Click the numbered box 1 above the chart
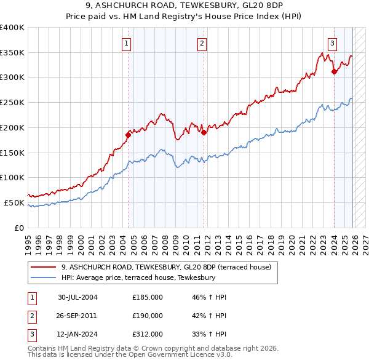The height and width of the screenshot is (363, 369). click(126, 43)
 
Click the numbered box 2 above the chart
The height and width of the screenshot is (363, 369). click(202, 43)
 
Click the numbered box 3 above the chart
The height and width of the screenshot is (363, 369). click(332, 43)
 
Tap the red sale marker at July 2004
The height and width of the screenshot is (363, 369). click(129, 134)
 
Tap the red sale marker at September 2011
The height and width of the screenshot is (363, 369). click(204, 132)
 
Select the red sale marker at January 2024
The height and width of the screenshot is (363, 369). click(334, 71)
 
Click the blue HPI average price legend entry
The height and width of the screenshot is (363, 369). click(138, 277)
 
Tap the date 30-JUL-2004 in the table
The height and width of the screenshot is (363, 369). click(77, 297)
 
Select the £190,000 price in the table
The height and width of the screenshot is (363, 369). click(147, 316)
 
